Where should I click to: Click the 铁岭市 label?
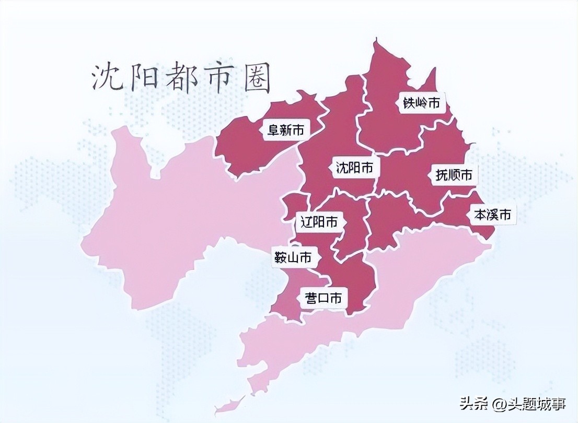(x=421, y=103)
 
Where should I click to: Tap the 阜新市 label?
(x=285, y=130)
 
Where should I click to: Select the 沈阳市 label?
(x=354, y=168)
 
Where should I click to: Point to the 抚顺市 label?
(x=454, y=174)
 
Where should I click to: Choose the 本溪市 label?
(x=492, y=214)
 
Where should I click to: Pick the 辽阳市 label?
(x=319, y=222)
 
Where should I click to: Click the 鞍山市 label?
(x=293, y=257)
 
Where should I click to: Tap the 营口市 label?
(x=323, y=298)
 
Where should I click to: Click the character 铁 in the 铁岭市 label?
(x=408, y=103)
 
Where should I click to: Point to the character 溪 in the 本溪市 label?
(x=492, y=214)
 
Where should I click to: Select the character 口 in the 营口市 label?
(x=323, y=298)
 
